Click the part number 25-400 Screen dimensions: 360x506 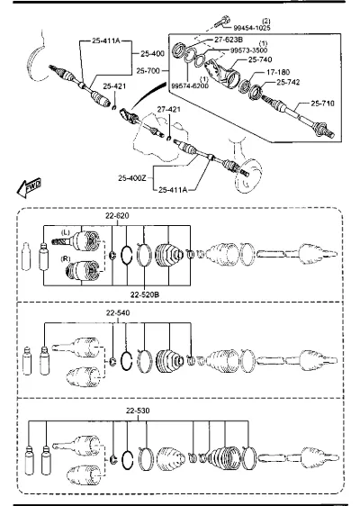(152, 53)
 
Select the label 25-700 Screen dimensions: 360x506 (148, 70)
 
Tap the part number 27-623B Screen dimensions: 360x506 (229, 40)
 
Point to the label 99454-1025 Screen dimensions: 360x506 (252, 28)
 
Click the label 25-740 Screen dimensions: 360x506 (260, 59)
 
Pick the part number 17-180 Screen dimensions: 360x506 (278, 72)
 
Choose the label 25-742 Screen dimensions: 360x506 (288, 82)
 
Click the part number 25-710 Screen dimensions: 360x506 (322, 104)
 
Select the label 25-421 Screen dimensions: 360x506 (114, 86)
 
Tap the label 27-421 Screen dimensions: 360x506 (168, 110)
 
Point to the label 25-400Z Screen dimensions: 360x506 (132, 177)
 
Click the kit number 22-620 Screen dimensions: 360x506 (117, 216)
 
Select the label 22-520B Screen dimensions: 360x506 (145, 294)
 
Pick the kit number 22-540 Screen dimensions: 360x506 (118, 313)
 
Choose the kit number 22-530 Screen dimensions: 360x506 (138, 411)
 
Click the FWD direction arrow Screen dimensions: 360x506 (29, 187)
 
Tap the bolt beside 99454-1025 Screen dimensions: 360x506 (222, 22)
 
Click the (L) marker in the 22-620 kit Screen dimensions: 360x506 (65, 232)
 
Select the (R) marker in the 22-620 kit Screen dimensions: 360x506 (66, 258)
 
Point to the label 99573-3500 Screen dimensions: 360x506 (248, 50)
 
